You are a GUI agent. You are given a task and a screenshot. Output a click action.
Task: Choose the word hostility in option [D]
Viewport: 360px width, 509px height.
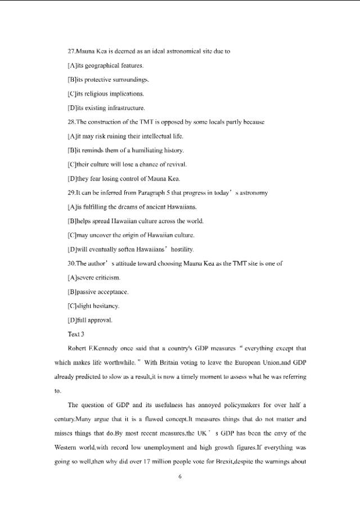point(178,249)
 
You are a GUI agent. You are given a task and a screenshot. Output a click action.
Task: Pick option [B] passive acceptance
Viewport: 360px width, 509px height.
point(98,292)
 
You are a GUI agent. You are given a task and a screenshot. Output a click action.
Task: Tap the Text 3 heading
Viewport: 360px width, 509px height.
point(75,334)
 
